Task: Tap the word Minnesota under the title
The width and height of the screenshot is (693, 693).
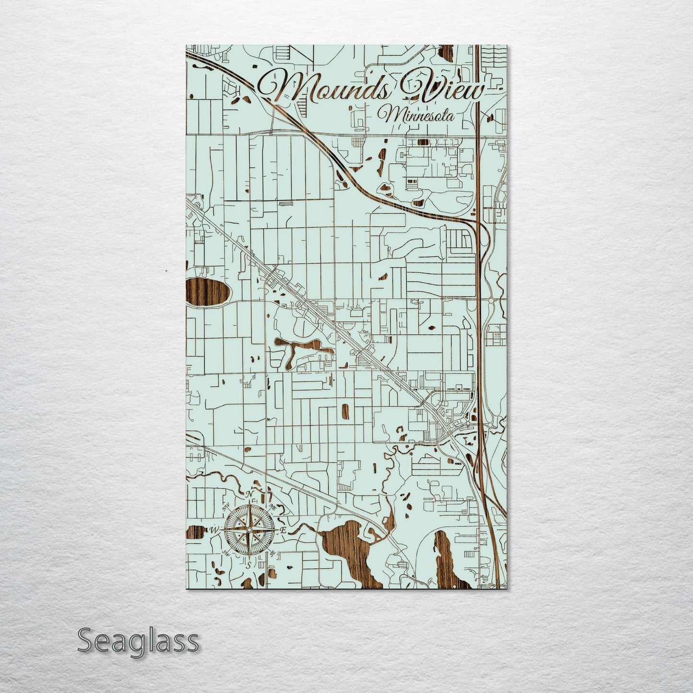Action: [x=415, y=115]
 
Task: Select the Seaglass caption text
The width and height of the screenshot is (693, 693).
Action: [x=138, y=640]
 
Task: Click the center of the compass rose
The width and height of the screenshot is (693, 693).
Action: [x=249, y=529]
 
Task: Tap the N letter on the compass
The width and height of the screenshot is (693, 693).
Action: [x=249, y=494]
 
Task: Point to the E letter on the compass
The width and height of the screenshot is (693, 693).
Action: [x=283, y=530]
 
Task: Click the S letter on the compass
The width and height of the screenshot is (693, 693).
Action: [x=248, y=565]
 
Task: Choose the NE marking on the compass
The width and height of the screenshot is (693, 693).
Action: [x=272, y=506]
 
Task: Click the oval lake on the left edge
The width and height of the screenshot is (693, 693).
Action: [x=206, y=293]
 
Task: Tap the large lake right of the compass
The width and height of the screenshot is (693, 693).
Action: [x=348, y=547]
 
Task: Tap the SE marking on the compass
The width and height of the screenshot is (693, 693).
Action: [x=272, y=553]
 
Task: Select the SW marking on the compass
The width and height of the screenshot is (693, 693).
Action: [x=225, y=553]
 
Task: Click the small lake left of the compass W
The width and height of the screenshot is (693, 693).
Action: [x=192, y=533]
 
